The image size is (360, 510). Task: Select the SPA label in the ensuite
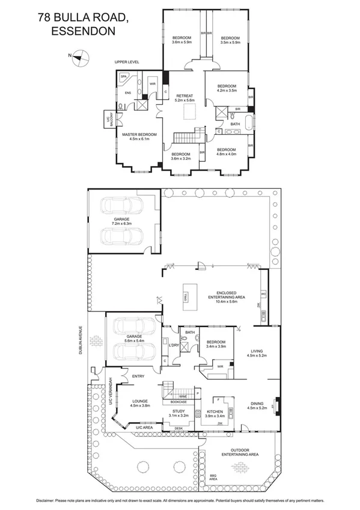pyautogui.click(x=124, y=77)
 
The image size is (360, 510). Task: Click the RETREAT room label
pyautogui.click(x=184, y=96)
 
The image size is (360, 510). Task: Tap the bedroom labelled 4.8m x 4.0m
pyautogui.click(x=226, y=151)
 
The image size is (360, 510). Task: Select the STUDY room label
pyautogui.click(x=178, y=411)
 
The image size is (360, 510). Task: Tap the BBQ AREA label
pyautogui.click(x=213, y=478)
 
